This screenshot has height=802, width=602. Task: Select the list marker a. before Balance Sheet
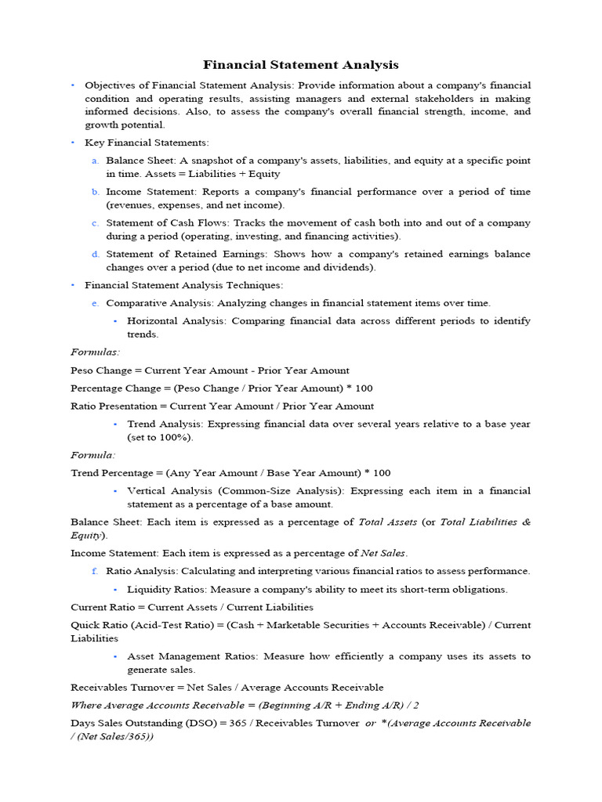click(94, 161)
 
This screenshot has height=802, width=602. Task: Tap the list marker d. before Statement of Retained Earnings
click(94, 255)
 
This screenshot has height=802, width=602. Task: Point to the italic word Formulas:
click(95, 352)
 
